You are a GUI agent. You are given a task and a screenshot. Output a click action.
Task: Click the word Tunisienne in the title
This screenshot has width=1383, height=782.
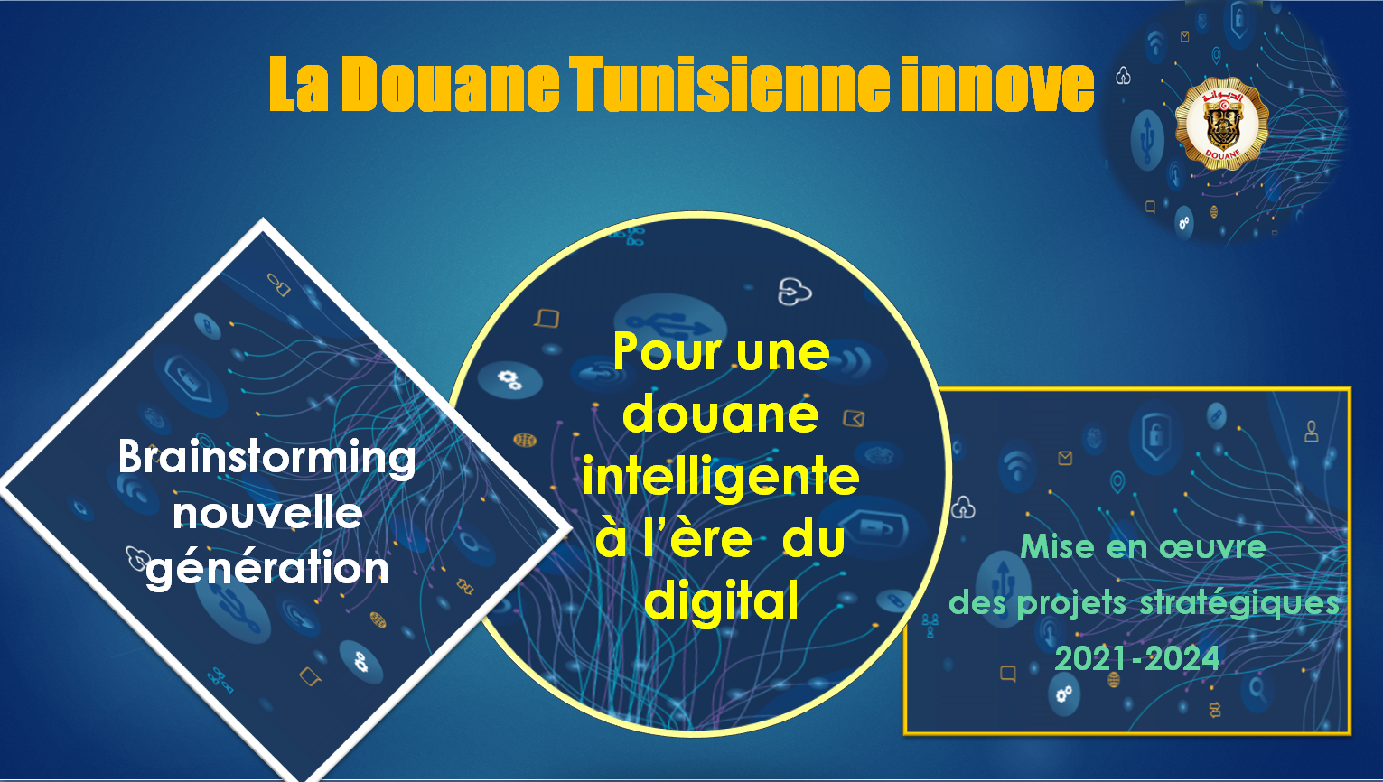(x=729, y=84)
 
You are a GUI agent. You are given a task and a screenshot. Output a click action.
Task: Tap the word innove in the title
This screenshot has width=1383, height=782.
(x=997, y=84)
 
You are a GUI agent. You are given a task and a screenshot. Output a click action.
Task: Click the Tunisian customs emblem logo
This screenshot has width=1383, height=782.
(x=1222, y=124)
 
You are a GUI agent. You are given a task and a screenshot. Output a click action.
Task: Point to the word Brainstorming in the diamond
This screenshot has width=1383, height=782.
(x=266, y=459)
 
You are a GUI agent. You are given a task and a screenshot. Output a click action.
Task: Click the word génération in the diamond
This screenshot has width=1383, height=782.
(x=267, y=569)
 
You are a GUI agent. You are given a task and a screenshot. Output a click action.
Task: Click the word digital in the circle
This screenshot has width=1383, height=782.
(x=721, y=600)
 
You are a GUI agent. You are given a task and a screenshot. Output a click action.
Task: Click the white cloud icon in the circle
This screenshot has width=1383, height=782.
(x=795, y=292)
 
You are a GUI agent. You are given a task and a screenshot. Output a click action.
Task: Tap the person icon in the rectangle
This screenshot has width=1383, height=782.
(x=1312, y=432)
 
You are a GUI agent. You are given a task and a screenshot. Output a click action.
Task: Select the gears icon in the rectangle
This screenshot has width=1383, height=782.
(x=1064, y=694)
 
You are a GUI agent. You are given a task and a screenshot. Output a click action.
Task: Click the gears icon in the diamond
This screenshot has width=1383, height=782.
(x=361, y=663)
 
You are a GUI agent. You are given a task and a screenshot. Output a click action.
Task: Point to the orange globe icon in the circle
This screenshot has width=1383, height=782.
(x=525, y=440)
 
